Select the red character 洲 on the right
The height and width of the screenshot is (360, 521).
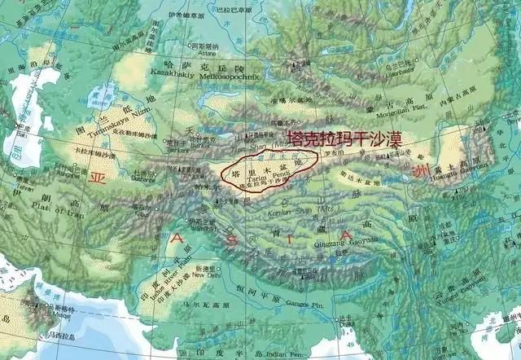pos(418,172)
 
